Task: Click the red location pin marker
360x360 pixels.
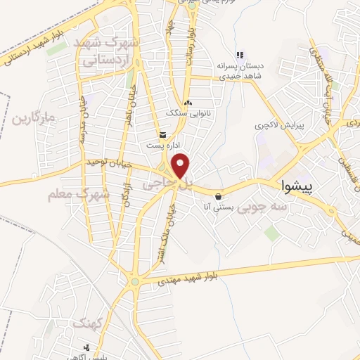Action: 181,166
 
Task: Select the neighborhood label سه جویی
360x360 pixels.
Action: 262,209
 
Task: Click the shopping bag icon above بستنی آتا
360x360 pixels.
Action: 220,196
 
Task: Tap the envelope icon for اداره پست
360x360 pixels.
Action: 163,135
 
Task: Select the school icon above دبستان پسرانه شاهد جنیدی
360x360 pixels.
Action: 239,55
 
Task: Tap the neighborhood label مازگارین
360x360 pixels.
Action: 33,117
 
